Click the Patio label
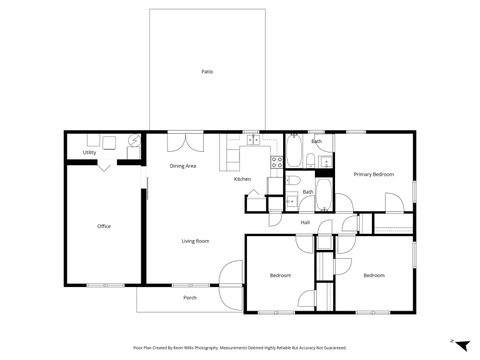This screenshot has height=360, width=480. click(207, 72)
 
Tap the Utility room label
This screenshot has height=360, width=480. click(89, 153)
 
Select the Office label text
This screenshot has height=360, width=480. click(104, 226)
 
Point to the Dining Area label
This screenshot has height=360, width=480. click(182, 166)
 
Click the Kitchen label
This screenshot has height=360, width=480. click(242, 179)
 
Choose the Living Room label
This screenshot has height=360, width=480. click(194, 241)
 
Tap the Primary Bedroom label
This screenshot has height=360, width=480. click(374, 174)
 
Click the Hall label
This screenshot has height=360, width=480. click(305, 222)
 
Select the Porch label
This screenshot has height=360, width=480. click(190, 298)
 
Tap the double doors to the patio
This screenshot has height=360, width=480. click(180, 140)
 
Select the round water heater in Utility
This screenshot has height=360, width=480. click(132, 141)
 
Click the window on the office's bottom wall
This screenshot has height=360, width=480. click(97, 285)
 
